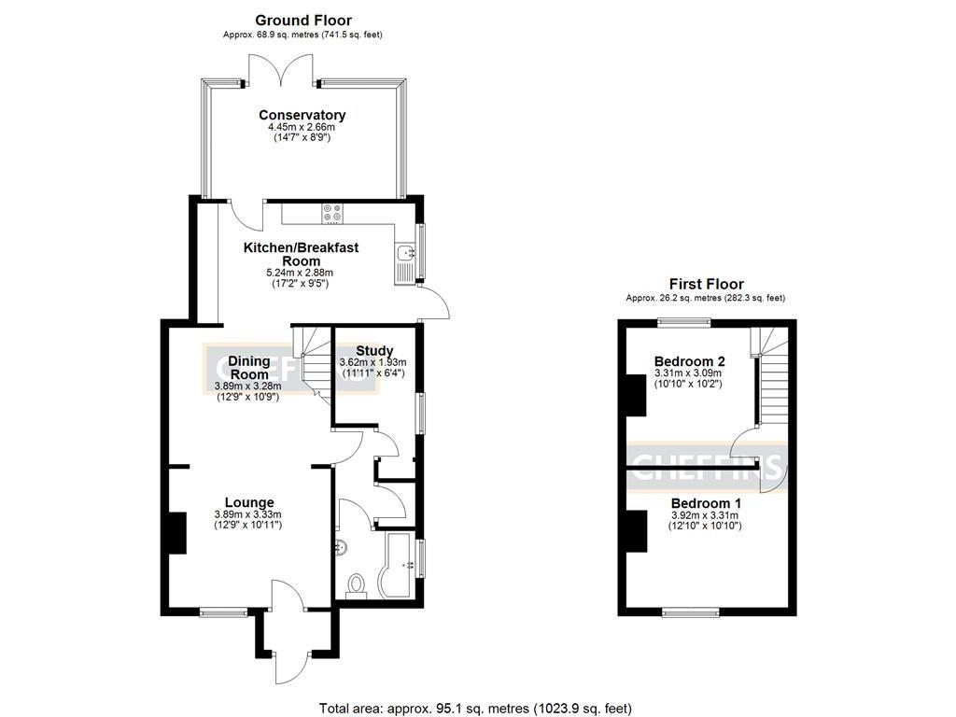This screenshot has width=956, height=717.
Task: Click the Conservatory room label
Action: click(302, 115)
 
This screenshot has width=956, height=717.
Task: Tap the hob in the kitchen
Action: click(331, 213)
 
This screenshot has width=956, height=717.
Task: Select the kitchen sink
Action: click(405, 254)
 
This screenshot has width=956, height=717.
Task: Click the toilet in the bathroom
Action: click(356, 585)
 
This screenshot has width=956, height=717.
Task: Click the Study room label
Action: click(373, 351)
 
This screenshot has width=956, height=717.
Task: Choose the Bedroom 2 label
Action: click(690, 361)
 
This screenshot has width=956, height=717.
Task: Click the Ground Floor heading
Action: click(302, 20)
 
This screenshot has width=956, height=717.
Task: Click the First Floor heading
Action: click(706, 284)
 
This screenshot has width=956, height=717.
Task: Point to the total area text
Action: click(482, 707)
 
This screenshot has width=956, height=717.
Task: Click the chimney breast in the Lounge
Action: click(175, 533)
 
